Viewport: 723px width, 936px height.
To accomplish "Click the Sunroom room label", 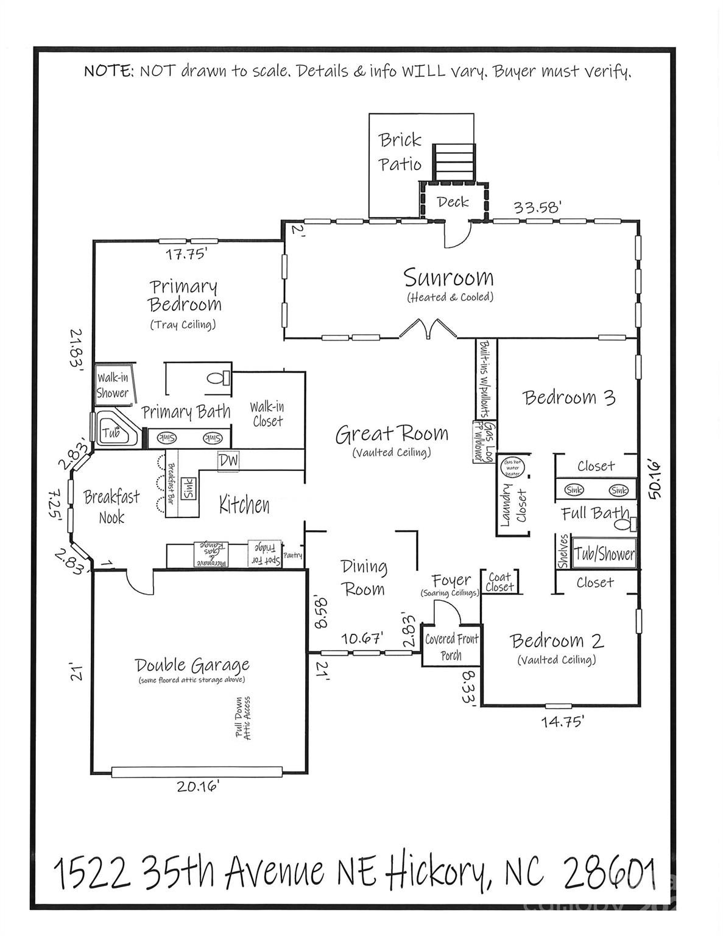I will point(448,278).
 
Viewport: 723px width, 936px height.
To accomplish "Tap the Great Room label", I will point(392,434).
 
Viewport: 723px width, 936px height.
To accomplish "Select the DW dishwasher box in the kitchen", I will point(228,461).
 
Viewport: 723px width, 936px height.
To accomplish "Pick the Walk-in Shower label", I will point(113,386).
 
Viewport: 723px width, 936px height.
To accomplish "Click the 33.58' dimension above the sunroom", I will point(537,208).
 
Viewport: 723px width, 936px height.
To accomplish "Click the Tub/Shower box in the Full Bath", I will point(604,554).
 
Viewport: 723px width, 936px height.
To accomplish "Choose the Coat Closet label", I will point(500,582).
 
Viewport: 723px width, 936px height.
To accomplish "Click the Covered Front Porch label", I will point(451,647).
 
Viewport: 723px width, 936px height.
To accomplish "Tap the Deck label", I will point(453,202).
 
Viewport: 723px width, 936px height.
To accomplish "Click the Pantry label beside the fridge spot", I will point(293,556).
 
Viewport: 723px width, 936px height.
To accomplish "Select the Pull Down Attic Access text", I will point(243,718).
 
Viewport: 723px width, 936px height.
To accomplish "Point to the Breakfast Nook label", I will point(112,507).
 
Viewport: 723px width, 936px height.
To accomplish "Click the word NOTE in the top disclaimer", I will point(109,71).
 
